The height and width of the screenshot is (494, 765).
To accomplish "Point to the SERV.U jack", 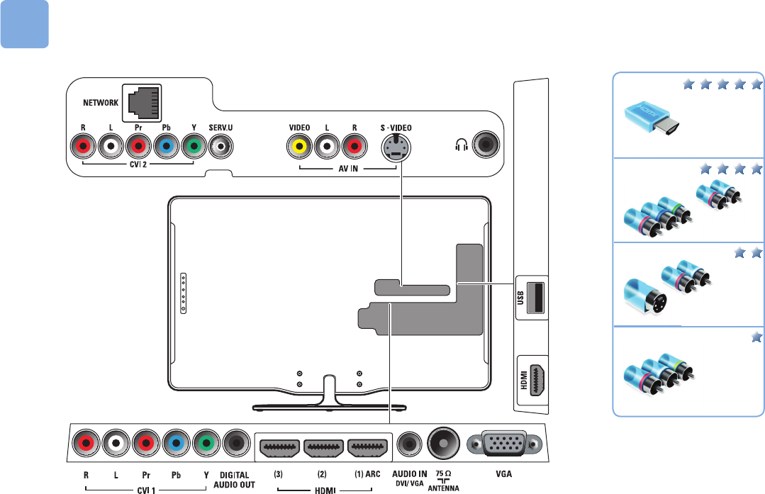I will coord(223,147).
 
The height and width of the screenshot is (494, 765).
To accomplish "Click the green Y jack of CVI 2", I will coord(192,147).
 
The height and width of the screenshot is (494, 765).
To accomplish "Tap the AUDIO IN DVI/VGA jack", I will coord(408,444).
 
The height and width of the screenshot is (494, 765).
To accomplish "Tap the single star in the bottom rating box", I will coord(755,337).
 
